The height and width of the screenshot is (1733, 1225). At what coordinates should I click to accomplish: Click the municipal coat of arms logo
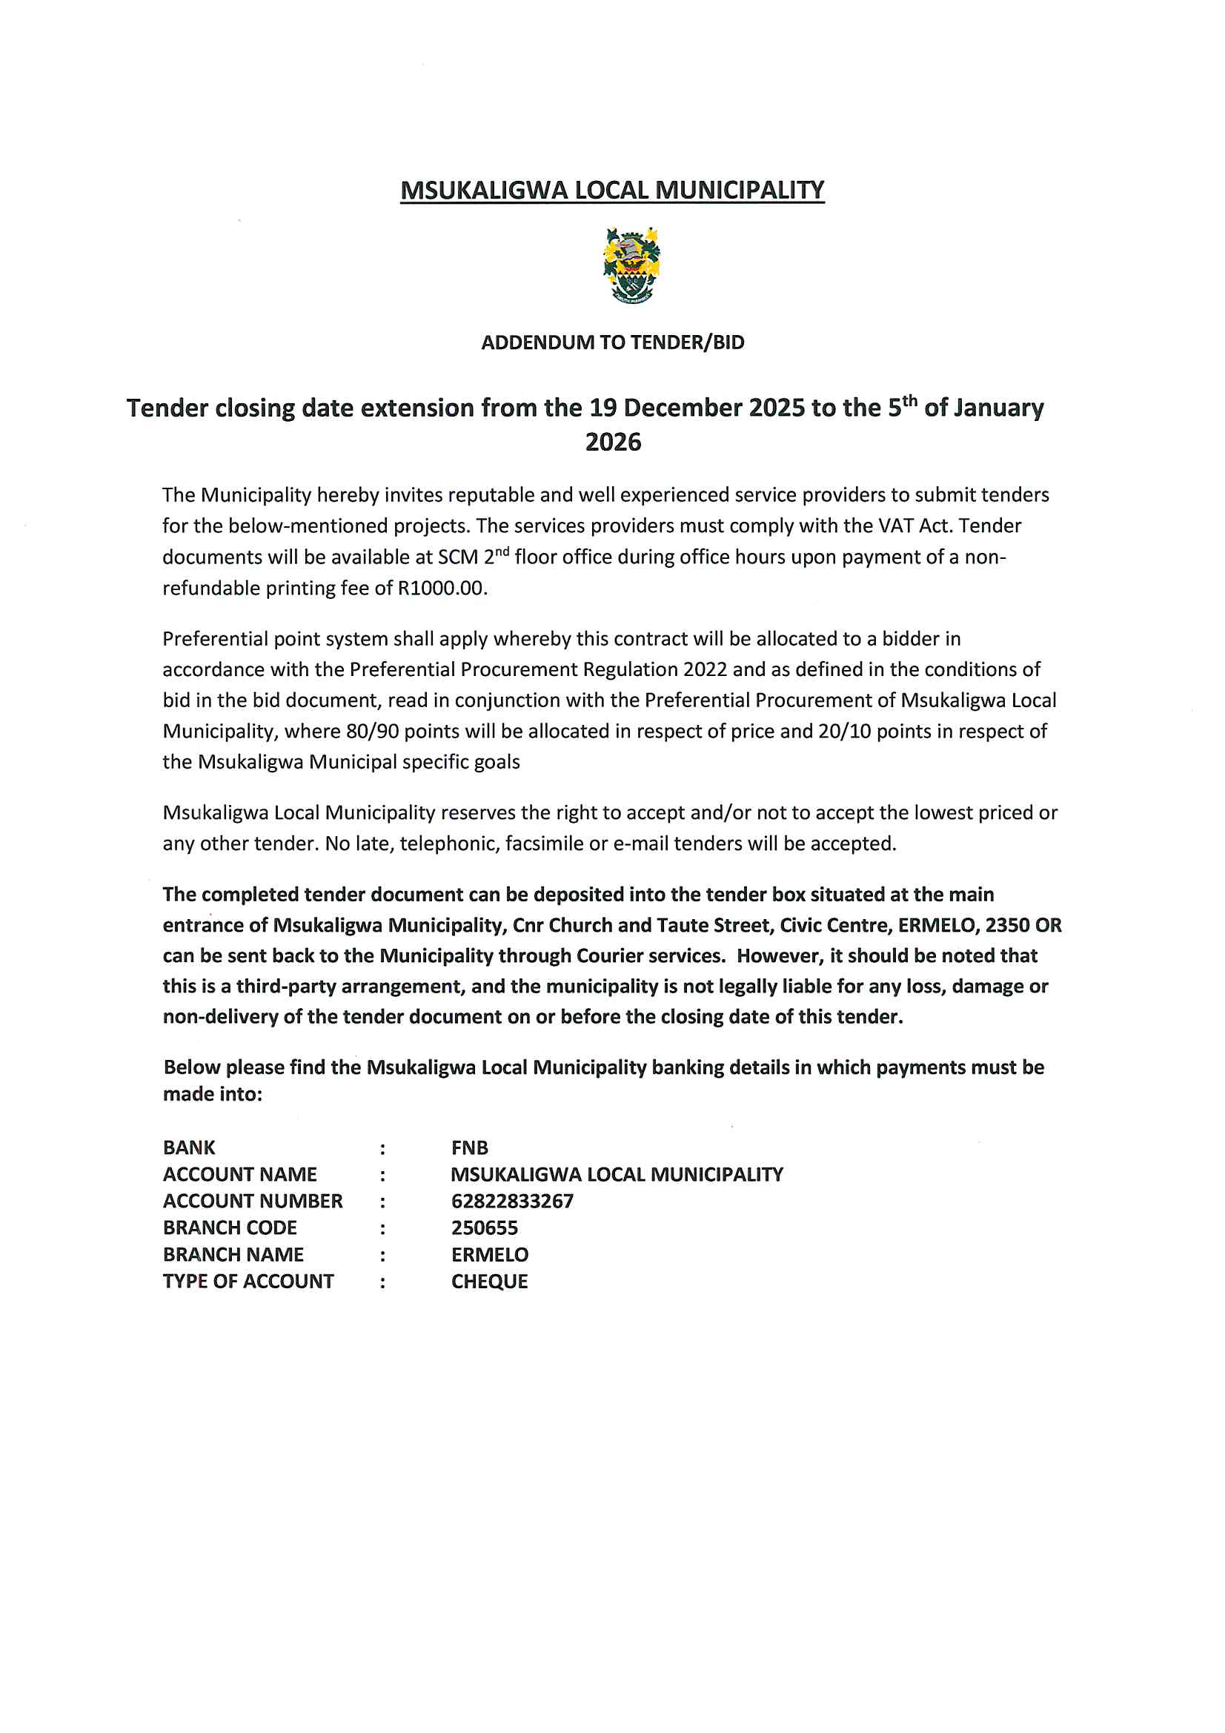(631, 265)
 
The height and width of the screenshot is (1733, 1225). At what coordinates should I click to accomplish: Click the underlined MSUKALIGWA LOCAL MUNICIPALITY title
(612, 190)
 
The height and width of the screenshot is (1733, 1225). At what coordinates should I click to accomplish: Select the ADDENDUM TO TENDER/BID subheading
(612, 342)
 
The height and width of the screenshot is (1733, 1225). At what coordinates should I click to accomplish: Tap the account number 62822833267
(512, 1201)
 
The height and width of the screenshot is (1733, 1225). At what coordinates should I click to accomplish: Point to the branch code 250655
(485, 1228)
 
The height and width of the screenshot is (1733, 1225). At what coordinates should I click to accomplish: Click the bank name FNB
(469, 1148)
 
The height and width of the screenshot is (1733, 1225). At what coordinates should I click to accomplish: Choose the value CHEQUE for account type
(489, 1282)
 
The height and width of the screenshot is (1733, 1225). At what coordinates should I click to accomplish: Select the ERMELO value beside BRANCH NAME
(490, 1254)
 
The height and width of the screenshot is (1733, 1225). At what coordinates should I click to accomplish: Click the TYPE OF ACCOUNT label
(248, 1282)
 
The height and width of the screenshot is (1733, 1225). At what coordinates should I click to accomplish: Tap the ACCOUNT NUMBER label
(253, 1201)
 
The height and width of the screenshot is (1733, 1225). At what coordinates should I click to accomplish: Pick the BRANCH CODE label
(230, 1228)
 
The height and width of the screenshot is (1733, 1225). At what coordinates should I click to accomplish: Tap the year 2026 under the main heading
(613, 443)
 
